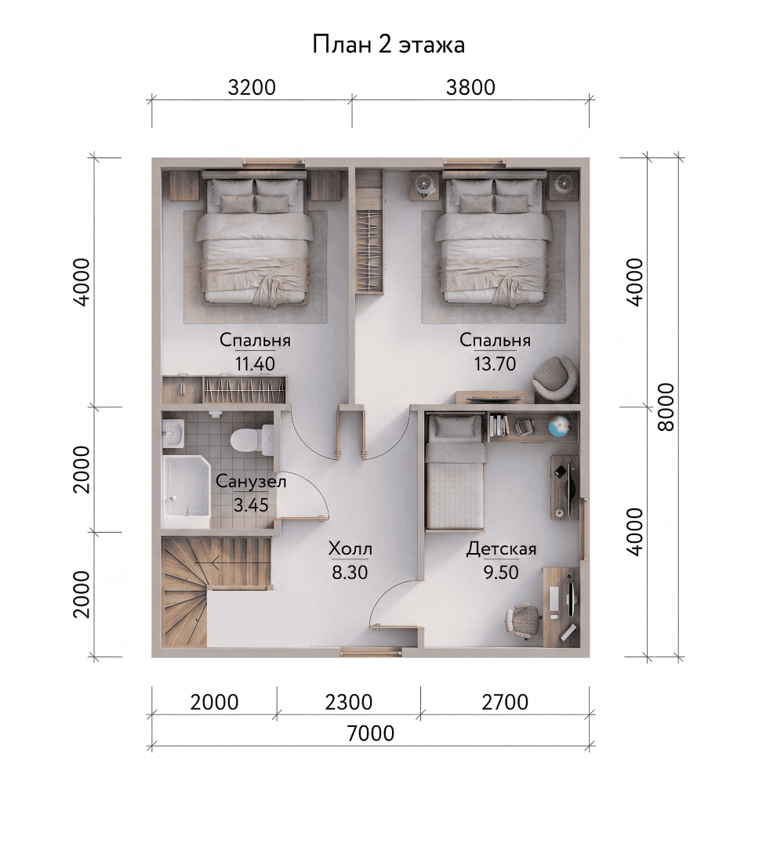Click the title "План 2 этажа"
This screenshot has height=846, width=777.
388,45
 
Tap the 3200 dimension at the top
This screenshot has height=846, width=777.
252,88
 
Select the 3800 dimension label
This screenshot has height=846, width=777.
470,88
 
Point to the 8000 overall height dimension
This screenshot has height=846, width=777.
666,407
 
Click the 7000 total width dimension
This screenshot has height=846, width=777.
370,733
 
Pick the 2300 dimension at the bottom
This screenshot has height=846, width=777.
349,702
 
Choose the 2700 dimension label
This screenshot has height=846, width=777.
504,702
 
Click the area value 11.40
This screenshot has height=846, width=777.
254,363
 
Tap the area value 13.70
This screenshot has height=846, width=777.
496,363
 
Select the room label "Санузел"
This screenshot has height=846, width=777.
251,481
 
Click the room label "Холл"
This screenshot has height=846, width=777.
350,549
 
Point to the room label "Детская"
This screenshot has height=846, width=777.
502,549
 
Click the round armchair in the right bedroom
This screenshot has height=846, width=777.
554,376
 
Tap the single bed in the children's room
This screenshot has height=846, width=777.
455,471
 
